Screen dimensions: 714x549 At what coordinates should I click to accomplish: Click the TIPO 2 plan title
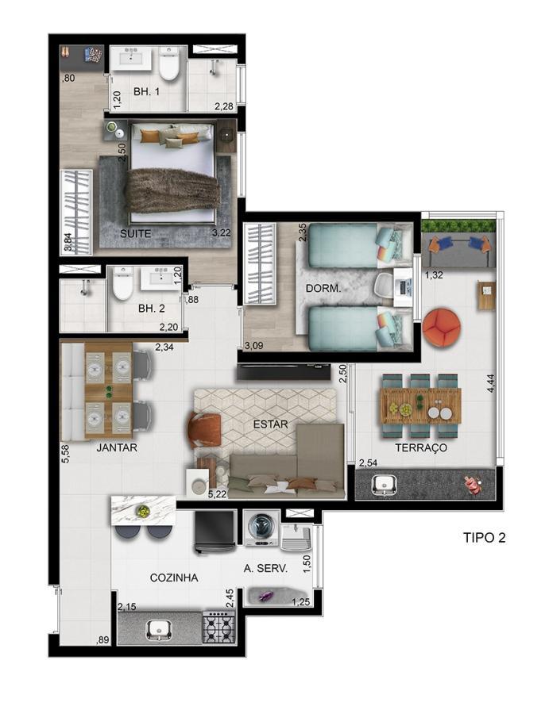[x=484, y=537]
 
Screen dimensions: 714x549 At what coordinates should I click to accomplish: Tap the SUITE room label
[x=135, y=233]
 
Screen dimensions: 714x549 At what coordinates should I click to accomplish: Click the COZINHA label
[x=173, y=578]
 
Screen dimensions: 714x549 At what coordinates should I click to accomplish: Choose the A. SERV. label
[x=266, y=569]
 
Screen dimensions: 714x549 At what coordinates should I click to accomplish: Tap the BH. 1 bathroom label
[x=147, y=92]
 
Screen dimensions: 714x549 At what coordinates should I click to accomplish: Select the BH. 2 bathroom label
[x=150, y=309]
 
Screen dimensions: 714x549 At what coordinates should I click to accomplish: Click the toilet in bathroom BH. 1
[x=169, y=64]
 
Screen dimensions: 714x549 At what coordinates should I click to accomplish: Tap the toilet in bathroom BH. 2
[x=122, y=284]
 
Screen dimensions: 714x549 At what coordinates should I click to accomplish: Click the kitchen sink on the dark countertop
[x=159, y=629]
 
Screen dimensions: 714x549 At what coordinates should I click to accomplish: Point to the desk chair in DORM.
[x=385, y=285]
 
